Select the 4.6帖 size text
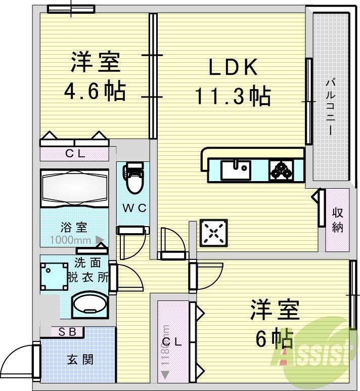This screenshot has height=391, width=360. tap(95, 91)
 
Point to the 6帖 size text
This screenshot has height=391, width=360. tap(275, 338)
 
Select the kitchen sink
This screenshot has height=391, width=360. tap(236, 169)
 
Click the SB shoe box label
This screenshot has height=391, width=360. tap(68, 332)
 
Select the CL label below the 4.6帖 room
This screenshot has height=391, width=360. tap(74, 153)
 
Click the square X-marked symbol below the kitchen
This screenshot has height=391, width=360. tap(213, 233)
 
